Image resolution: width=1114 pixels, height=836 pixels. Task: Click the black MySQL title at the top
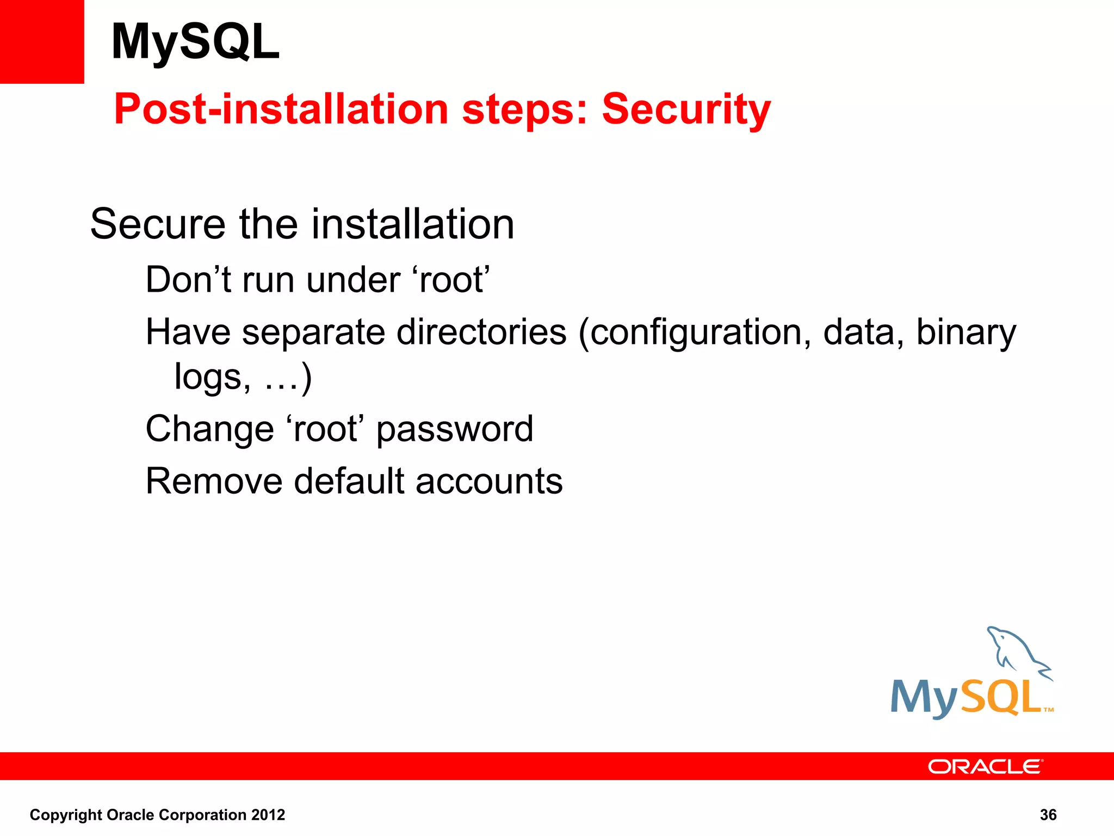(195, 42)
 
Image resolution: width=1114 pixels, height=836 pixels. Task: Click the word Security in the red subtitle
(686, 109)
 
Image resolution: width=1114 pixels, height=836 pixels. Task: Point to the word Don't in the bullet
(188, 280)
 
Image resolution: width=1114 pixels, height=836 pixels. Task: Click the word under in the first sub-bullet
(354, 280)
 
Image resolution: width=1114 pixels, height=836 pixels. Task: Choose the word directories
(481, 332)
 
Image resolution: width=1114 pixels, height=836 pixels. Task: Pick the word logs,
(213, 377)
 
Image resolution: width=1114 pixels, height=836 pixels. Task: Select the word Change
(209, 429)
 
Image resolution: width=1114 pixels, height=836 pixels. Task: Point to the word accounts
(489, 481)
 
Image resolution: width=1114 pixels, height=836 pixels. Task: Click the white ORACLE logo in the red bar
(985, 766)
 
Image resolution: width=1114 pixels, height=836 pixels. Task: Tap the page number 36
(1048, 815)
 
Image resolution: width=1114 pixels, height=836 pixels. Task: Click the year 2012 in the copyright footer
(268, 815)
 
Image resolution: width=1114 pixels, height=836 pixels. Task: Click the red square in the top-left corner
(42, 42)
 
